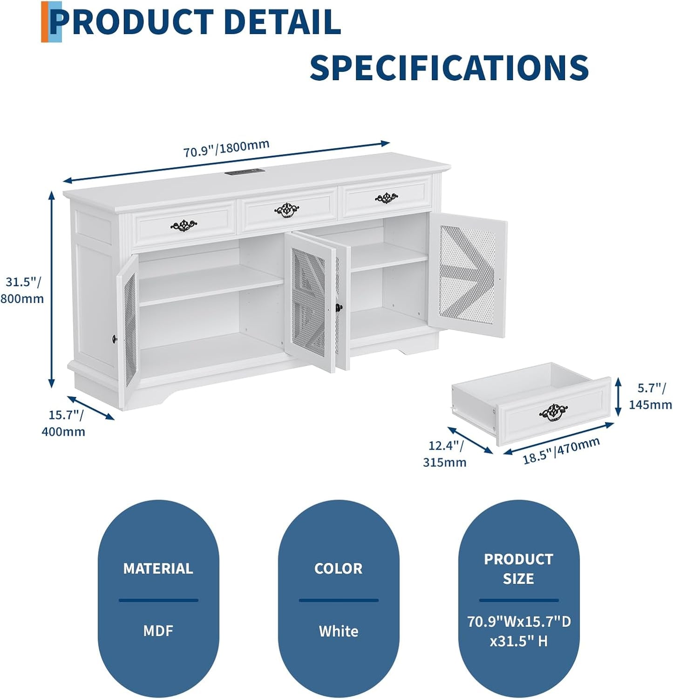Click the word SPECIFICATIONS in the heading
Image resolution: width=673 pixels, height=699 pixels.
tap(449, 68)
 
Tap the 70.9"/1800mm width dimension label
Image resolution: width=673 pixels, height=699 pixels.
tap(226, 148)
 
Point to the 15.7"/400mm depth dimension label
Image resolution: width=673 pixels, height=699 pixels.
tap(64, 423)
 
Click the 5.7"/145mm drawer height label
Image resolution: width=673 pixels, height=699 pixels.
tap(650, 396)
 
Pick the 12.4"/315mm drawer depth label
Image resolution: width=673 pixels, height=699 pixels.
tap(445, 454)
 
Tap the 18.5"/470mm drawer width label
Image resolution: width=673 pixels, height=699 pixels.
tap(561, 451)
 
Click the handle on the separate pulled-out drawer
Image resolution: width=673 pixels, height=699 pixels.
tap(553, 412)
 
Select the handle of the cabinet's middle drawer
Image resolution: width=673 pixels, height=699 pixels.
tap(287, 210)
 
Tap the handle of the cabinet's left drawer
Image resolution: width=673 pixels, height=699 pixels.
tap(184, 226)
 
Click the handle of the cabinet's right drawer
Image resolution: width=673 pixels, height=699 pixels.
tap(387, 198)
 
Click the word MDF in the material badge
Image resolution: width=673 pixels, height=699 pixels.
tap(158, 631)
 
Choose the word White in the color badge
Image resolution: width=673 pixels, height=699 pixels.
tap(339, 631)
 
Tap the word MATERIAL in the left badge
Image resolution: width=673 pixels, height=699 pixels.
tap(158, 568)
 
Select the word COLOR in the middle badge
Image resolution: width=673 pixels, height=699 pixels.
tap(339, 568)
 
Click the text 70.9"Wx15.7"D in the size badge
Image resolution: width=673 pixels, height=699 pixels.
tap(519, 622)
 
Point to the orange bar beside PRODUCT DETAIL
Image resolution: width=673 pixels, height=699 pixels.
tap(45, 22)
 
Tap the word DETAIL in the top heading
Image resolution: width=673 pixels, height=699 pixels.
tap(282, 22)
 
